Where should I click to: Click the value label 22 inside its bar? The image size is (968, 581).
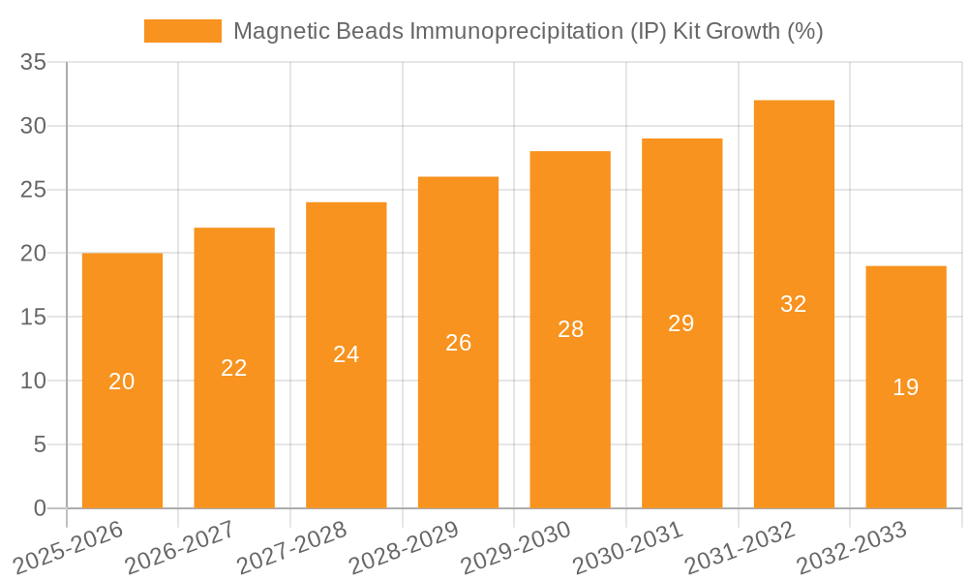[x=234, y=368]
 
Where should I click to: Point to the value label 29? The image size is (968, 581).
[x=681, y=323]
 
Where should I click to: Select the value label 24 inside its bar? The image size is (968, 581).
[x=347, y=354]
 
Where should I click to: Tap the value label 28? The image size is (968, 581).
[x=570, y=329]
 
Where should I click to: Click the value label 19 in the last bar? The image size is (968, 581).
[x=906, y=387]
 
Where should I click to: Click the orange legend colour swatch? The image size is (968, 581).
[x=182, y=31]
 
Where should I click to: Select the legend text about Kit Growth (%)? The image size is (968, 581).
[x=528, y=31]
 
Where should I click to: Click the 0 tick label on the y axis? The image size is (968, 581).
[x=40, y=508]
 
